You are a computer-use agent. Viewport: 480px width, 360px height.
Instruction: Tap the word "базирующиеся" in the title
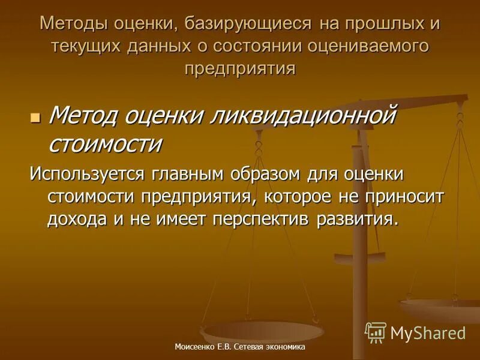[x=248, y=25]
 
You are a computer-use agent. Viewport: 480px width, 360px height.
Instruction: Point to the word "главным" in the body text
[x=194, y=175]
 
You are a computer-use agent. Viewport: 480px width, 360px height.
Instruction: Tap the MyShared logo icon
[x=376, y=332]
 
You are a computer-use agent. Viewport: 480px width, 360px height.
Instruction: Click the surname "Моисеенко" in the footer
[x=196, y=347]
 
